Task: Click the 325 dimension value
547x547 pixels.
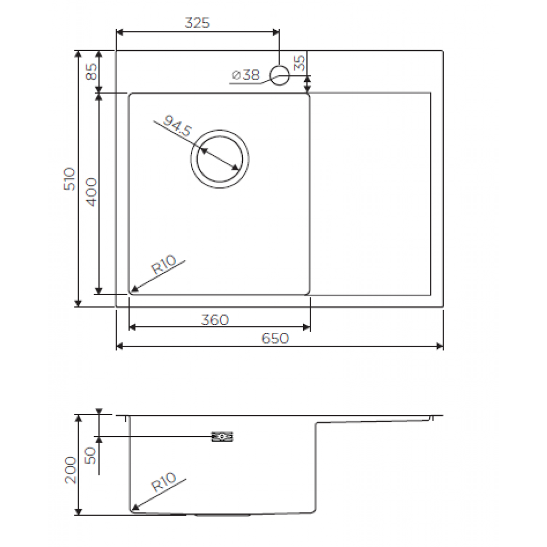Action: [197, 23]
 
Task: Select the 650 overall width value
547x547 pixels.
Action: [275, 339]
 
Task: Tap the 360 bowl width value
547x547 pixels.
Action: [215, 320]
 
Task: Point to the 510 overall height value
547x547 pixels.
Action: [69, 179]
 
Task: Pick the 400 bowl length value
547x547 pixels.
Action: [91, 192]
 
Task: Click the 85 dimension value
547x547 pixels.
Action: [91, 72]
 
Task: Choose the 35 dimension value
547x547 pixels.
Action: [299, 63]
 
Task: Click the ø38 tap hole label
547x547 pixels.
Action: [246, 74]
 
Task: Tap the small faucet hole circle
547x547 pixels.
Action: [280, 75]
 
